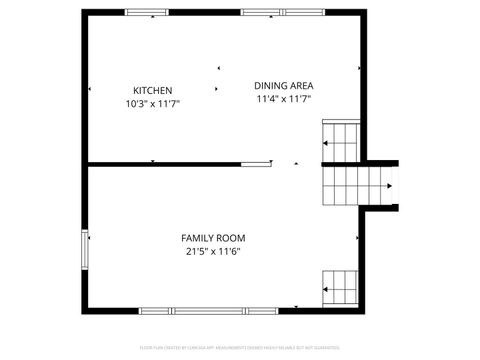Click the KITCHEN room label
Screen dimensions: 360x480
[154, 90]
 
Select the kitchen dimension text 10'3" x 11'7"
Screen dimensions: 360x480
[153, 103]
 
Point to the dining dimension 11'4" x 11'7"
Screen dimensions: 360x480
[284, 99]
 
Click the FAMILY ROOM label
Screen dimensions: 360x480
[213, 238]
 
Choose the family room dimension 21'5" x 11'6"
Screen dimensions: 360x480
[213, 251]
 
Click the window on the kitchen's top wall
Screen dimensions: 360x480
[147, 13]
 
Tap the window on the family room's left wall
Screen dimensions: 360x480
[85, 250]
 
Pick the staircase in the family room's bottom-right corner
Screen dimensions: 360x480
[340, 288]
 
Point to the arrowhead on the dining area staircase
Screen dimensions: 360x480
[326, 144]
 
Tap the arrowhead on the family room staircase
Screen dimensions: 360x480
[326, 291]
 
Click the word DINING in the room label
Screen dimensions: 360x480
[269, 86]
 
